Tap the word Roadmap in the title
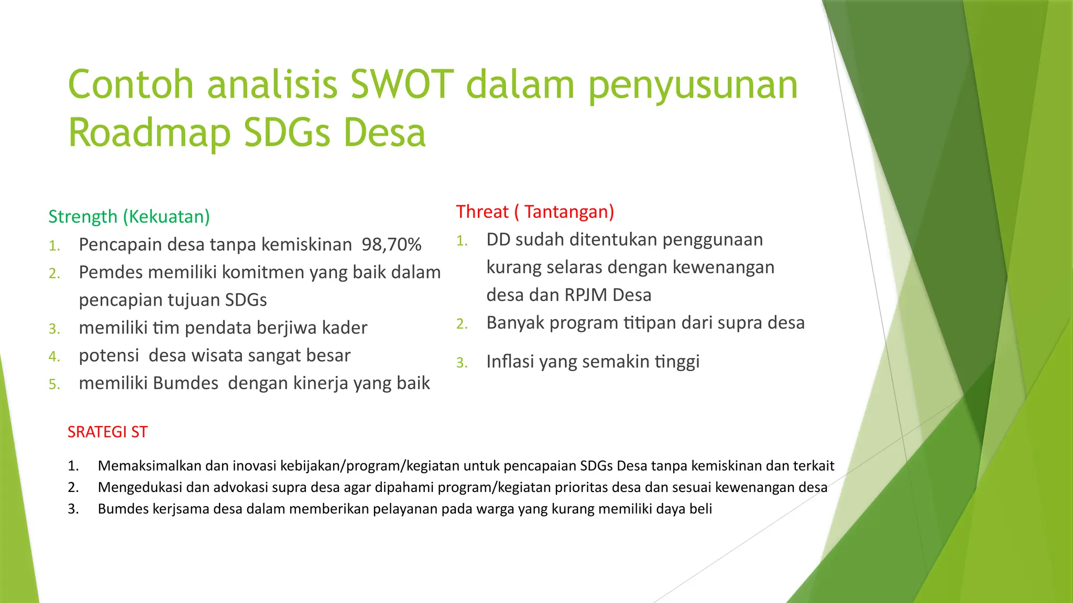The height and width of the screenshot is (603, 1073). pos(149,133)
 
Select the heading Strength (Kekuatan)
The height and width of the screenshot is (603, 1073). pos(129,217)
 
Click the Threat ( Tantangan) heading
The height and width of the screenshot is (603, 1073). pos(534,212)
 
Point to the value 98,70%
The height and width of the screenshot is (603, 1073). pos(391,245)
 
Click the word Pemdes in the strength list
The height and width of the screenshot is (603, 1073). pos(111,273)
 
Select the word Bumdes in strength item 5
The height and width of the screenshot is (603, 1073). pos(185,384)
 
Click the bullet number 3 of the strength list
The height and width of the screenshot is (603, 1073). pos(54,329)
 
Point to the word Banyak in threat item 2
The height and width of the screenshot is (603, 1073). pos(516,323)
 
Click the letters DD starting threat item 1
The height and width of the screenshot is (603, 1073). pos(498,240)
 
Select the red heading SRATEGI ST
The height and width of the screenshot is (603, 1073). pos(107,432)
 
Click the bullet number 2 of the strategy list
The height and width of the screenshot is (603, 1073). pos(73,487)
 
